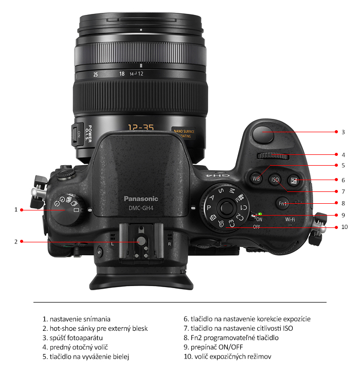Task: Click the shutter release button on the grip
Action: (x=263, y=134)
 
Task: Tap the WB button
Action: (x=256, y=179)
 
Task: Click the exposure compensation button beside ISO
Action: (x=294, y=181)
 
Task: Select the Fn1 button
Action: (x=282, y=204)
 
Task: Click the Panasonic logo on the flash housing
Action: (x=141, y=199)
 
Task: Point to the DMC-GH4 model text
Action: (x=141, y=208)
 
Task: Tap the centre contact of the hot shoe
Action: (x=141, y=241)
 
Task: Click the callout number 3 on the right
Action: (x=343, y=132)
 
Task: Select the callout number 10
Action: (x=345, y=227)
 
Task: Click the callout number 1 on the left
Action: (x=16, y=210)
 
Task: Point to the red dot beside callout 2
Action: (x=22, y=241)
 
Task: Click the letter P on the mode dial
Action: (x=209, y=208)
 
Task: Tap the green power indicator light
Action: (x=260, y=214)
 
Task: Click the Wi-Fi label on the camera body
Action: (x=290, y=220)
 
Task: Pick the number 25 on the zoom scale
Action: (x=95, y=75)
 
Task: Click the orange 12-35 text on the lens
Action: (x=141, y=127)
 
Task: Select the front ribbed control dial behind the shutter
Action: (x=273, y=156)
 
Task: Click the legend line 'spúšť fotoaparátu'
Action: (x=73, y=338)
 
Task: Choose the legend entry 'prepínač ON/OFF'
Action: (x=213, y=347)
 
